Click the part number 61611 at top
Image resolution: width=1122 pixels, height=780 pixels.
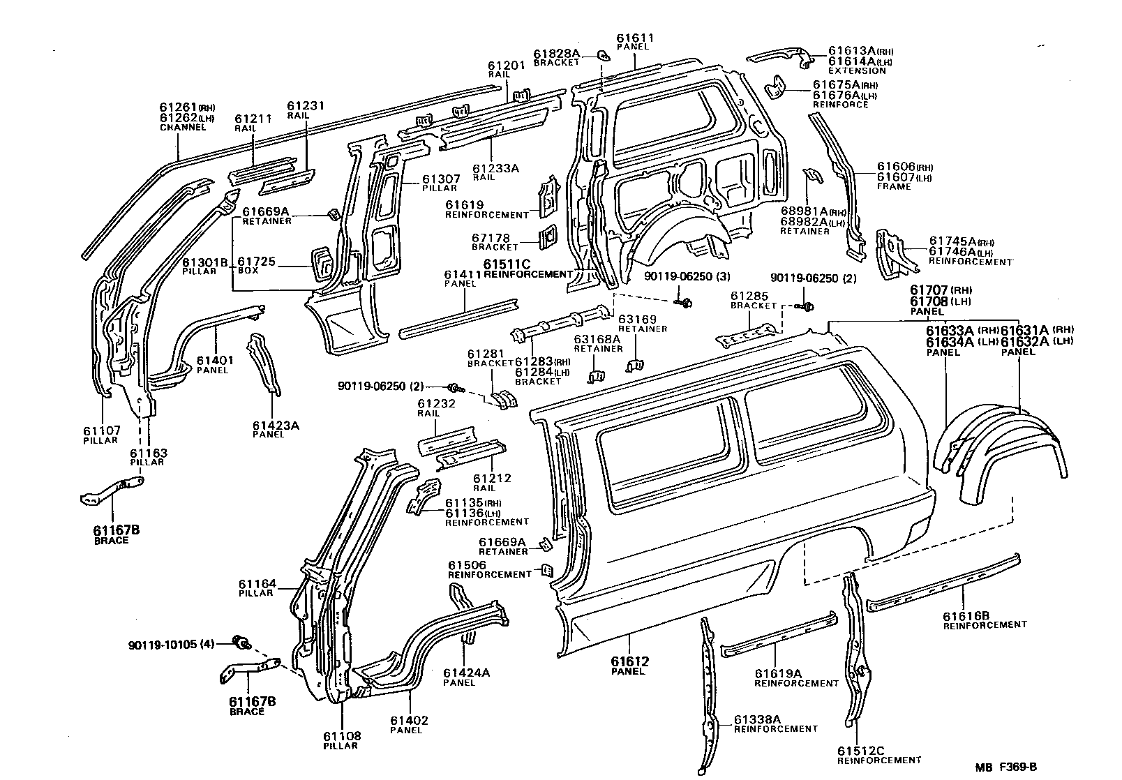coord(635,38)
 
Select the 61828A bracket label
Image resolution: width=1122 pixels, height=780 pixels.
coord(557,53)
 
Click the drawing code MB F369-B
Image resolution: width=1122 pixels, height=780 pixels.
coord(1006,767)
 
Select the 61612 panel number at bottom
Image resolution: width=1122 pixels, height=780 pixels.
coord(630,661)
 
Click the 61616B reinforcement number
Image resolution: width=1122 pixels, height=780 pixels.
coord(966,615)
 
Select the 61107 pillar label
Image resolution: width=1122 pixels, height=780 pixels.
coord(101,430)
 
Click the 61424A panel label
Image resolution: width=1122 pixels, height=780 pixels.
coord(466,673)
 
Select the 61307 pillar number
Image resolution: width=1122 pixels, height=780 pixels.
coord(439,178)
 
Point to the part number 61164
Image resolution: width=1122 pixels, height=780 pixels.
coord(257,583)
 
